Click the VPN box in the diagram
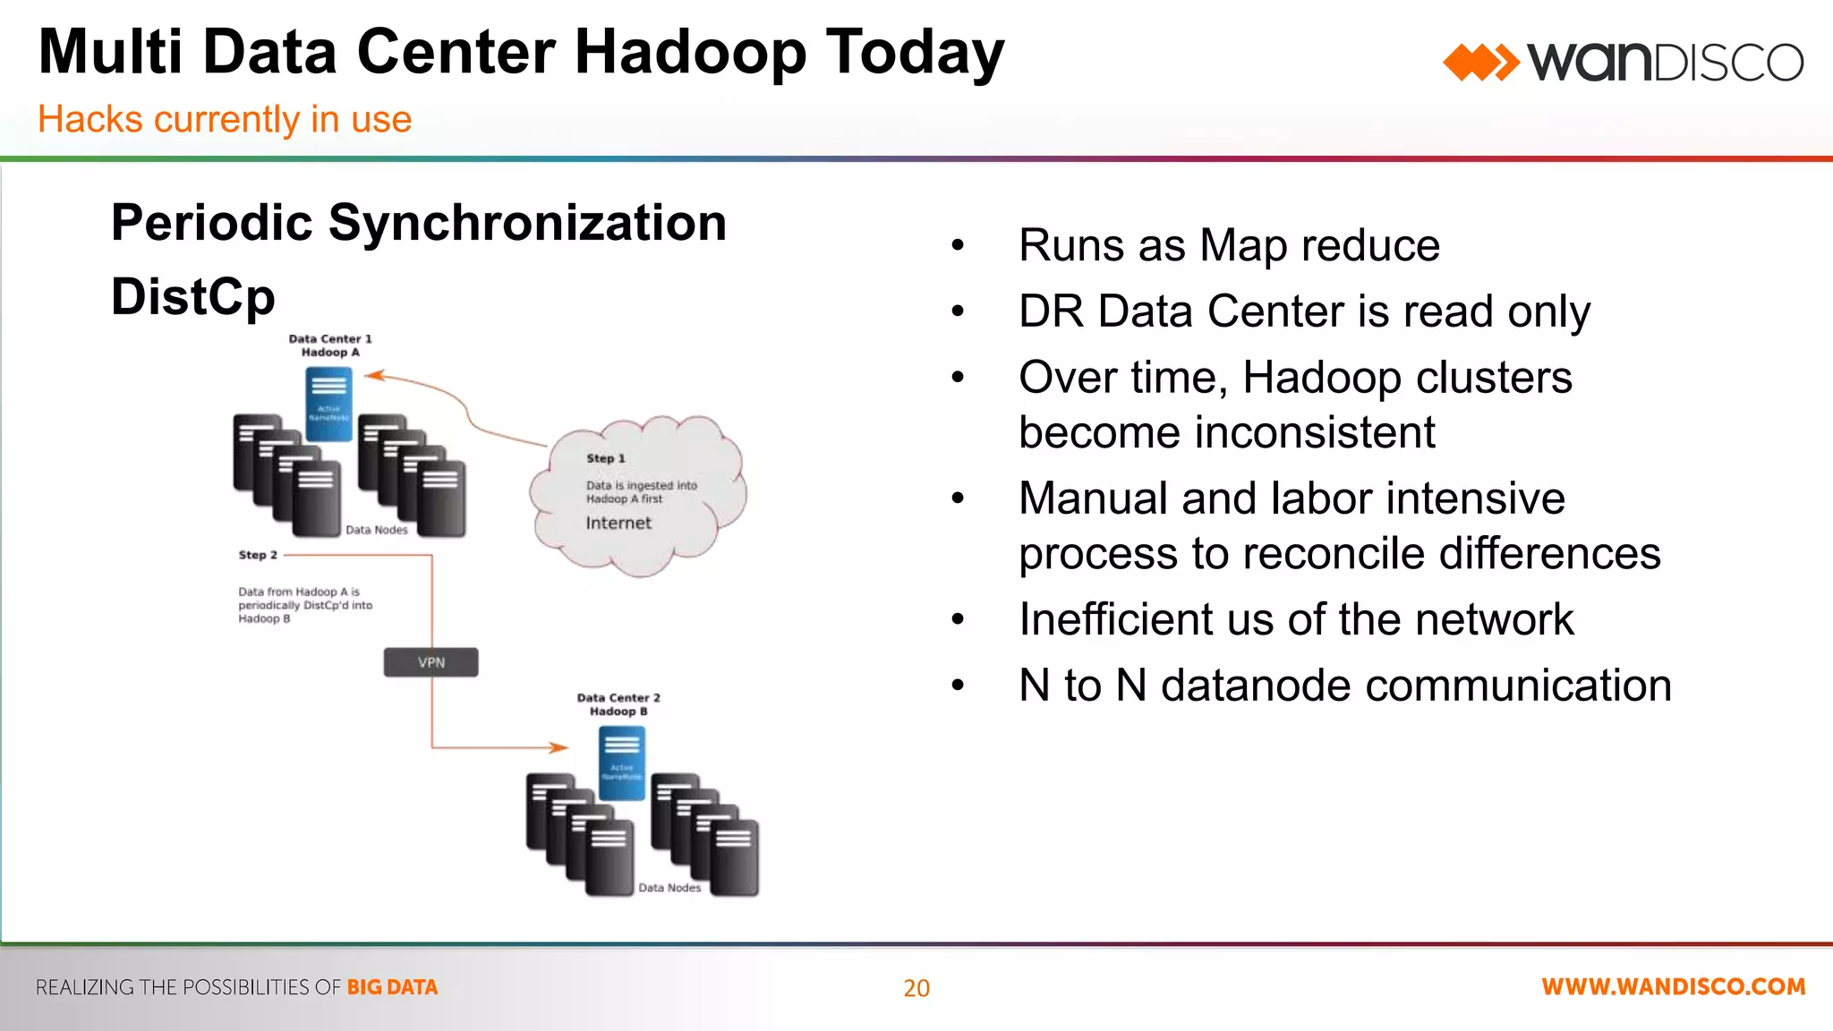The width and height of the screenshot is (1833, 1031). [431, 662]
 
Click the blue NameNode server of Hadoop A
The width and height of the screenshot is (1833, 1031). [328, 404]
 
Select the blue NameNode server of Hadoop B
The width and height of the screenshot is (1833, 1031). [621, 763]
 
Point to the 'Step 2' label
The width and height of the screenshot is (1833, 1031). [258, 555]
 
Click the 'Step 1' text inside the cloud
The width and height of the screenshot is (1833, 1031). [606, 458]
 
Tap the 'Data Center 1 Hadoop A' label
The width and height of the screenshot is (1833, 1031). [329, 345]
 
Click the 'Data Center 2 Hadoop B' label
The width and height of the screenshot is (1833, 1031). [618, 704]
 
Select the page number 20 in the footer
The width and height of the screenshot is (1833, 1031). [916, 988]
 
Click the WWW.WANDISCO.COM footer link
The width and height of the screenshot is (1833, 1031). [1673, 987]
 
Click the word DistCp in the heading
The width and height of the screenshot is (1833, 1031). [193, 297]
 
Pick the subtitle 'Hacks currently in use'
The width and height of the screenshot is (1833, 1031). [225, 119]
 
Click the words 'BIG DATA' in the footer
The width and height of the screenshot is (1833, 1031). [392, 987]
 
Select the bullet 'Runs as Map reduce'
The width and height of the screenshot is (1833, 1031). [1229, 245]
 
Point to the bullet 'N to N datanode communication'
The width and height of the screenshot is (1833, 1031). [1344, 686]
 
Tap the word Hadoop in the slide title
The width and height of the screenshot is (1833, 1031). [690, 54]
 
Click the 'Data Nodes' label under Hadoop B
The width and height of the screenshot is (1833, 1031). [669, 888]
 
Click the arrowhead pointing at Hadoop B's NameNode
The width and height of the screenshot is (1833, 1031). [558, 747]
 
